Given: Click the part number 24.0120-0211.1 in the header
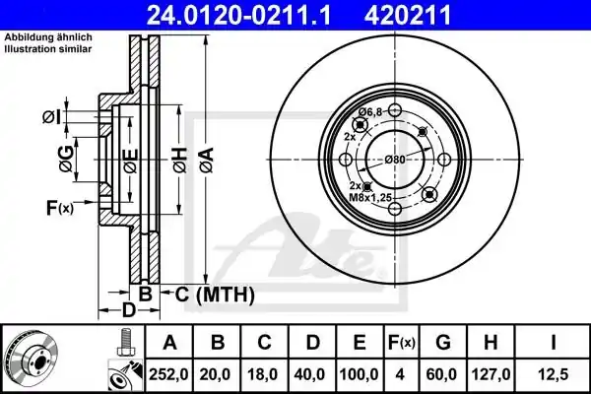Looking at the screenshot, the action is tap(238, 15).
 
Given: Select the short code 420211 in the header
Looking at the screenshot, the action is tap(408, 15).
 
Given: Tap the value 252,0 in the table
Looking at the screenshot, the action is tap(168, 374).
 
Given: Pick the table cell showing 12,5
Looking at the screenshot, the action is tap(553, 374).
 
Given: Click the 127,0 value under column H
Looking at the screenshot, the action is tap(491, 374).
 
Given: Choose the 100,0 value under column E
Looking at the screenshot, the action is tap(359, 374).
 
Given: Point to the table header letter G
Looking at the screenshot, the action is tap(443, 343).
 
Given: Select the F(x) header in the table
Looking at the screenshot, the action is tap(402, 343).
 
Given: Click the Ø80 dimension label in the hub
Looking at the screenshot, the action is tap(395, 160).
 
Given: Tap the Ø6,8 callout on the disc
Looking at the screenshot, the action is tap(369, 111).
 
